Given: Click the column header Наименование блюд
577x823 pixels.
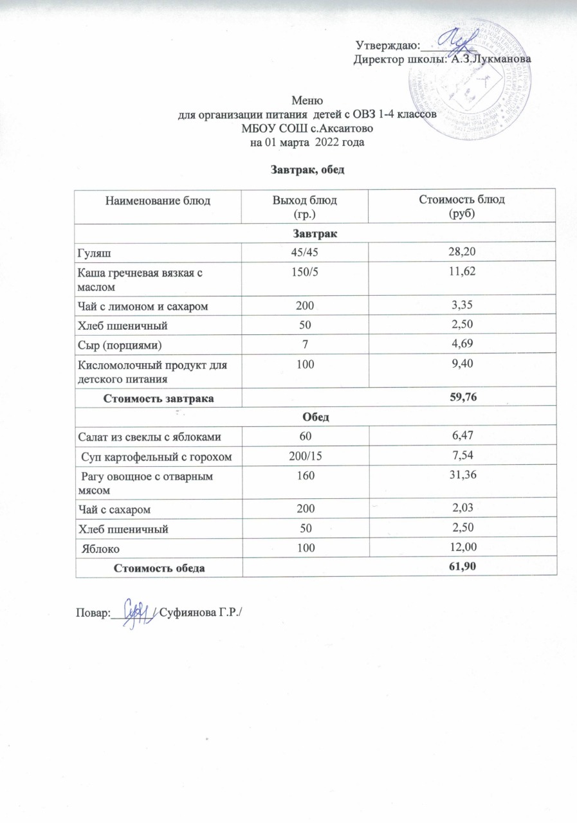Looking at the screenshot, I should pyautogui.click(x=158, y=201).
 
